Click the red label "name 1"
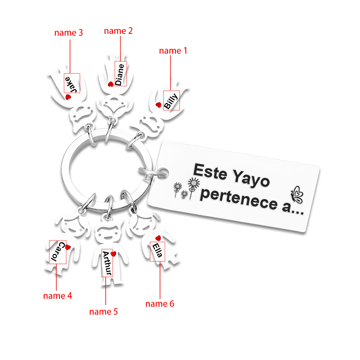pos(173,50)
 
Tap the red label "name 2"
pos(118,31)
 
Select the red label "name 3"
pos(68,33)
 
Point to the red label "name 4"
pos(57,296)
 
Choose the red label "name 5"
pos(103,311)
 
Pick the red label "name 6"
pos(160,304)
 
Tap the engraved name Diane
pos(120,75)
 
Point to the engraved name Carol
pos(57,252)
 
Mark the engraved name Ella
pos(157,251)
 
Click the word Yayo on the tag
pos(251,178)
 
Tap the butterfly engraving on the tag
pos(297,195)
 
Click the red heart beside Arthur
pos(113,254)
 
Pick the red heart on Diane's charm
pos(111,84)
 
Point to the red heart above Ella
pos(158,238)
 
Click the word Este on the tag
pos(210,171)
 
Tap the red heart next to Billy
pos(158,105)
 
